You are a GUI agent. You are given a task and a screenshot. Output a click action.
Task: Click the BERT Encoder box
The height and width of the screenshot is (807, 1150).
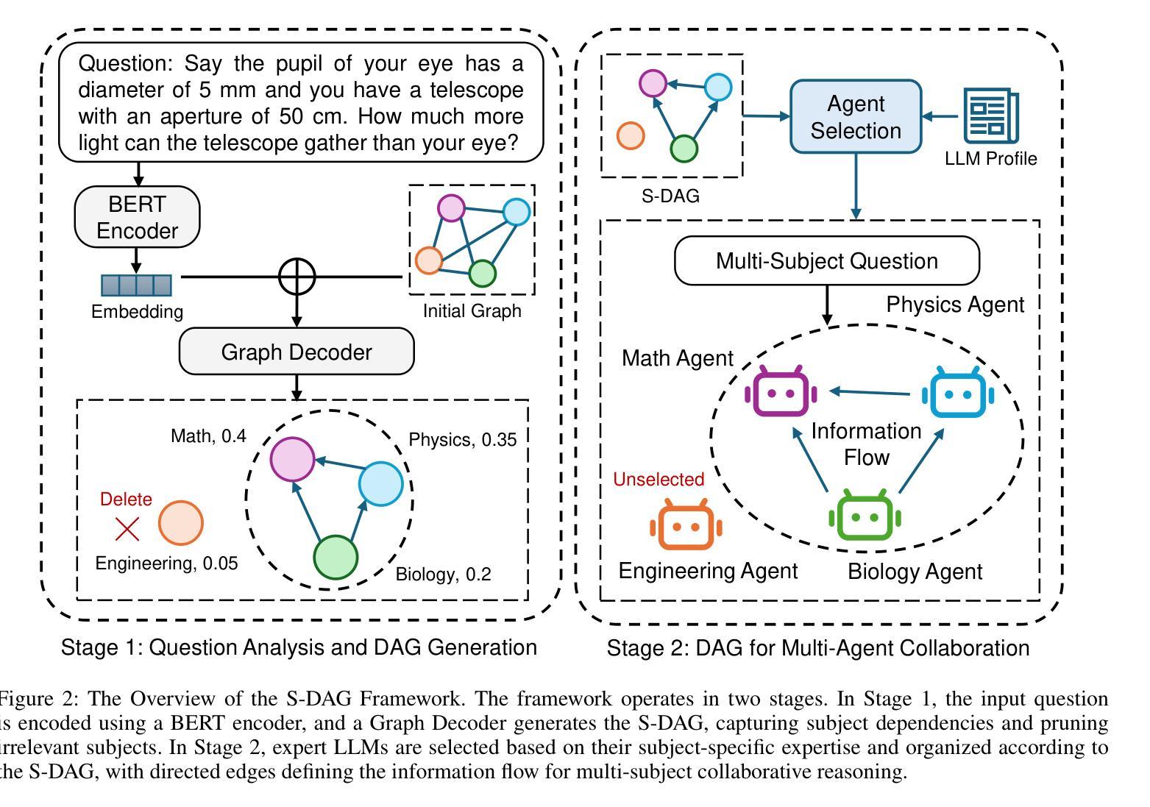tap(137, 217)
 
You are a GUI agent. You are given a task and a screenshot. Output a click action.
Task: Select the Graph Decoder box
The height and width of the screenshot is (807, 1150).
tap(297, 352)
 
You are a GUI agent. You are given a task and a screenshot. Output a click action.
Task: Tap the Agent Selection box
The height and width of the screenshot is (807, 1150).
tap(856, 117)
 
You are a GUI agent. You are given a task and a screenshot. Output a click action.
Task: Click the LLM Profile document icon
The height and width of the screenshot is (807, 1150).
tap(991, 116)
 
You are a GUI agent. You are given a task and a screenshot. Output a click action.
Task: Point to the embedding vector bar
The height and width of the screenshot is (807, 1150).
tap(136, 285)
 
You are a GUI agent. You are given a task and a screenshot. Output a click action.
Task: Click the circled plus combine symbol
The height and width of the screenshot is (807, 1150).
tap(297, 277)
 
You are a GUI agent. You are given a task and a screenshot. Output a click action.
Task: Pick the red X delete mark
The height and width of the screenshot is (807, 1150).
tap(127, 529)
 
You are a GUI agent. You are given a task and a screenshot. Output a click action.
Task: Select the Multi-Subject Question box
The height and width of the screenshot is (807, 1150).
tap(827, 261)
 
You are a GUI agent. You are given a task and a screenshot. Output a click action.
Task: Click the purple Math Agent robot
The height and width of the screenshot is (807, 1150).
tap(781, 392)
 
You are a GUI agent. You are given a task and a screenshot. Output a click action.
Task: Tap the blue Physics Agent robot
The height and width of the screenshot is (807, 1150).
tap(958, 393)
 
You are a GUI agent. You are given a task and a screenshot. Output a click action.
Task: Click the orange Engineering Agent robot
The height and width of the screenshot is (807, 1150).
tap(686, 525)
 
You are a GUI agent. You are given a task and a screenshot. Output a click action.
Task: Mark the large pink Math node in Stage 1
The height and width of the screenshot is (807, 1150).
tap(293, 459)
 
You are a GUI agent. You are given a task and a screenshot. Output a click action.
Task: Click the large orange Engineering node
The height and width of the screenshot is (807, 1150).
tap(181, 524)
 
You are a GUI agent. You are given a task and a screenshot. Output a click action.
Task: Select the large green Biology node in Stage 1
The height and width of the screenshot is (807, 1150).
tap(336, 558)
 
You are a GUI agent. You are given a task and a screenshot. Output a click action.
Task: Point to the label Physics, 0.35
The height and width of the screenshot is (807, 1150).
tap(462, 440)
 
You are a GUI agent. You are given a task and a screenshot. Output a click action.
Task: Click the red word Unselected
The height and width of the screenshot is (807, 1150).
tap(659, 480)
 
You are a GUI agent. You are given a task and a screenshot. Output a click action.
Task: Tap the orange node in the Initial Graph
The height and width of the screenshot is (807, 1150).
tap(429, 260)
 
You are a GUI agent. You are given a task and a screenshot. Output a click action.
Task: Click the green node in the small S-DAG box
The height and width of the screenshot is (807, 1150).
tap(684, 149)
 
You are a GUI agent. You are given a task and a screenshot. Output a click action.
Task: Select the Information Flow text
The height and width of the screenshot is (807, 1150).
tap(866, 444)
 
